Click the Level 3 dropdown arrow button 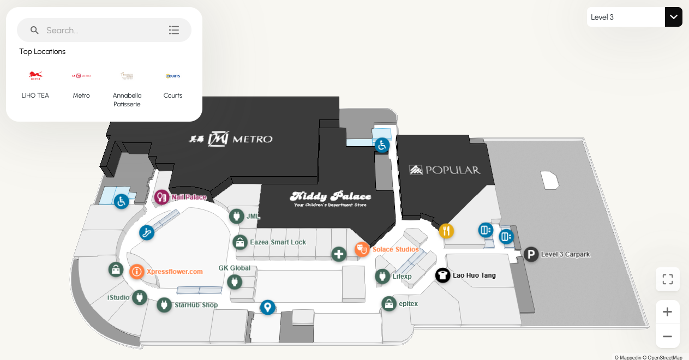pyautogui.click(x=674, y=17)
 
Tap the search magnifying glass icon pyautogui.click(x=34, y=31)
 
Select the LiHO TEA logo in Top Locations pyautogui.click(x=35, y=76)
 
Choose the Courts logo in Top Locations pyautogui.click(x=173, y=76)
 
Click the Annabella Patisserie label pyautogui.click(x=127, y=99)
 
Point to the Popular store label pyautogui.click(x=445, y=170)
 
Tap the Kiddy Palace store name pyautogui.click(x=331, y=197)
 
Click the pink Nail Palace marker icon pyautogui.click(x=161, y=197)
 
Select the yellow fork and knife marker pyautogui.click(x=446, y=231)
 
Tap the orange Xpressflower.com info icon pyautogui.click(x=137, y=271)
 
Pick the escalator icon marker pyautogui.click(x=146, y=232)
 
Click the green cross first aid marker pyautogui.click(x=339, y=254)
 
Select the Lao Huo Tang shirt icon pyautogui.click(x=442, y=275)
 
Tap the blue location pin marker pyautogui.click(x=267, y=307)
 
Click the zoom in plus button pyautogui.click(x=667, y=312)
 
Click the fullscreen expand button pyautogui.click(x=667, y=280)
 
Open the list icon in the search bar pyautogui.click(x=174, y=31)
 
